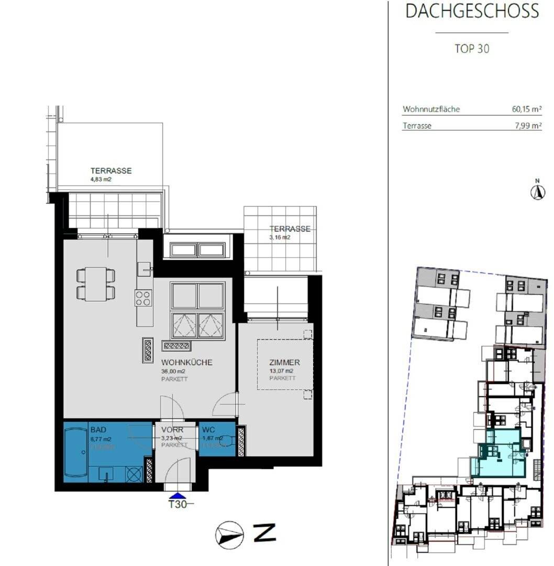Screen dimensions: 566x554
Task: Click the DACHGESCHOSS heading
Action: pos(472,11)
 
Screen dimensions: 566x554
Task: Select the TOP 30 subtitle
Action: pos(472,49)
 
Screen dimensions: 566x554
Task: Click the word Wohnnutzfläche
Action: pos(431,110)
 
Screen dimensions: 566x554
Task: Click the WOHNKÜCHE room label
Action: pos(186,363)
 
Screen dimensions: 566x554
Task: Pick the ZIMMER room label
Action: pos(284,362)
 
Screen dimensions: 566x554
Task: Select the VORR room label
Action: pos(172,430)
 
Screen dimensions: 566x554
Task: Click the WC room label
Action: pos(208,430)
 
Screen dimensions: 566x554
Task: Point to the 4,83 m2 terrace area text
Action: pos(101,179)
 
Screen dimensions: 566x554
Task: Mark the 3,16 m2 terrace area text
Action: pos(280,237)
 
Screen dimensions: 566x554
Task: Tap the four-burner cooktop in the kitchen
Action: pos(143,298)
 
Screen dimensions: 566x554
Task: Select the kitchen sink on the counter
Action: pos(144,269)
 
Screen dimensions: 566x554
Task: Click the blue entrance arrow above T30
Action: pos(178,495)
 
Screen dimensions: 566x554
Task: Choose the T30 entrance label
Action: pos(178,505)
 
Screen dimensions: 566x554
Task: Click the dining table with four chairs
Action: pos(96,284)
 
